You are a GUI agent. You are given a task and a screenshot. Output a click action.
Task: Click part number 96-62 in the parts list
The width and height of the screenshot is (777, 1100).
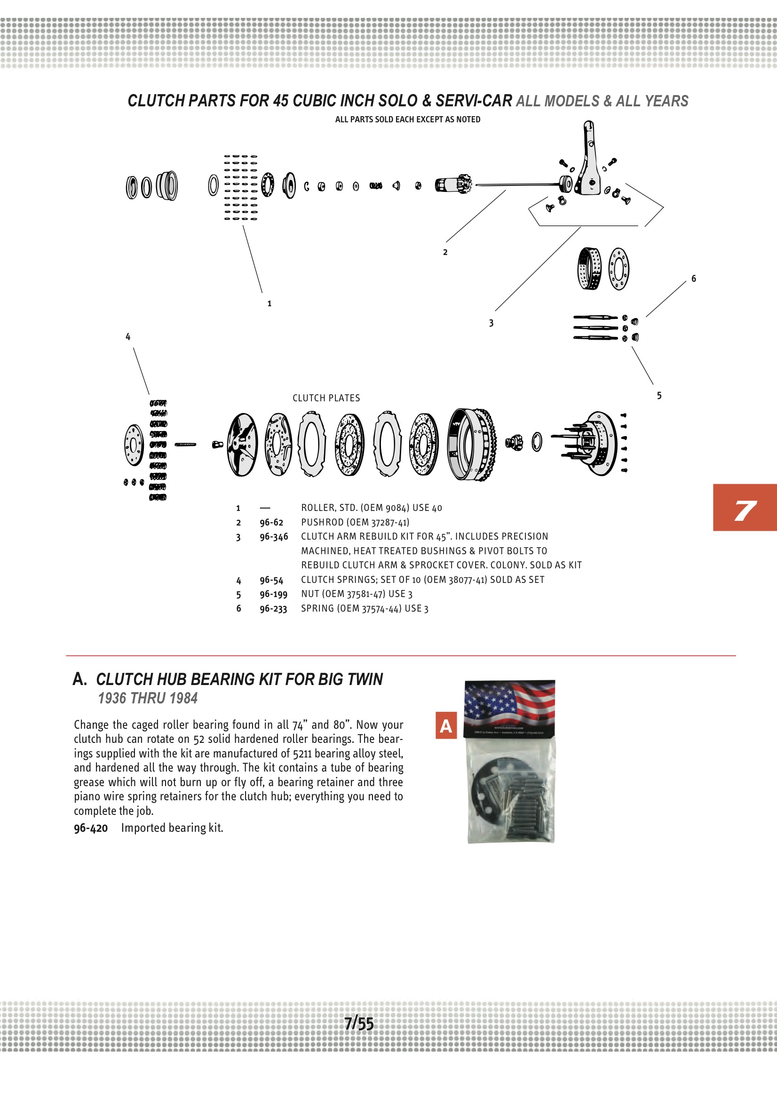click(x=271, y=522)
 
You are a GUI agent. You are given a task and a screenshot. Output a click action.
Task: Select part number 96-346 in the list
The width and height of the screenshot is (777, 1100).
click(x=274, y=536)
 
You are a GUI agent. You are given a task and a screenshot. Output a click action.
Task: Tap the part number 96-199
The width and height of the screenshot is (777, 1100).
click(x=273, y=594)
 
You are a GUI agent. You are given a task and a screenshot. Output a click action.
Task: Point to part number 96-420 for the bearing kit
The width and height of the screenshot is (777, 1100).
click(x=90, y=828)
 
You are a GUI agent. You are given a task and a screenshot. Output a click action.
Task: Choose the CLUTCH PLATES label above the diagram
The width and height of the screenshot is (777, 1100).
click(x=326, y=398)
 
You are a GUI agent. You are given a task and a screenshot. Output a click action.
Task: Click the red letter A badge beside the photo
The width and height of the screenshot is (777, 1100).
click(x=445, y=726)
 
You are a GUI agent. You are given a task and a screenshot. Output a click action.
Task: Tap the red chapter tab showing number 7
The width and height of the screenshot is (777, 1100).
click(x=745, y=508)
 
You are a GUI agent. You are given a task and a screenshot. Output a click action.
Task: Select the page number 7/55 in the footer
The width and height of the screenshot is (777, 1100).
click(x=359, y=1024)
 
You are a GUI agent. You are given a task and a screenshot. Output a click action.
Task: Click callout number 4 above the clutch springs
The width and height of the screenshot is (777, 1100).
click(x=128, y=337)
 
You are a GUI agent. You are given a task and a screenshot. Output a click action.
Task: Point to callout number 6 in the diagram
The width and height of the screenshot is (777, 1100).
click(x=693, y=279)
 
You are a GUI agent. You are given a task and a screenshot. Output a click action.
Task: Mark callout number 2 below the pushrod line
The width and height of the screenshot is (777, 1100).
click(x=445, y=253)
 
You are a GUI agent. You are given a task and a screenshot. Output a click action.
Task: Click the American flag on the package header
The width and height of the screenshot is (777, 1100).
click(x=510, y=703)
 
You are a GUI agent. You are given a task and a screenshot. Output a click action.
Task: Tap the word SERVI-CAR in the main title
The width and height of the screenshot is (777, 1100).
click(x=473, y=101)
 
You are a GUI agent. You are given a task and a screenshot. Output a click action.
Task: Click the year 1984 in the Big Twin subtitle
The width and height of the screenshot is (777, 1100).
click(x=183, y=699)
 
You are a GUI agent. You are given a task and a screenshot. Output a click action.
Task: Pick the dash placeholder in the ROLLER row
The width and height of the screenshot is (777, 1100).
click(x=265, y=508)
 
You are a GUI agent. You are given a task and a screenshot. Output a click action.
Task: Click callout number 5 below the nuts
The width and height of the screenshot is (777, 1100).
click(x=659, y=396)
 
